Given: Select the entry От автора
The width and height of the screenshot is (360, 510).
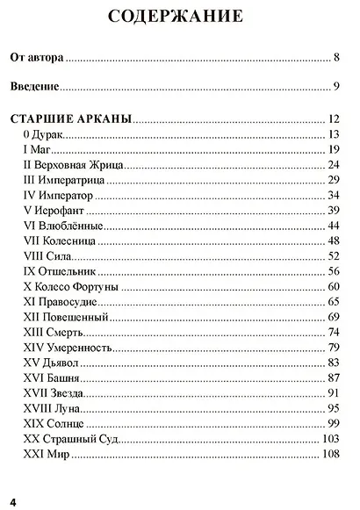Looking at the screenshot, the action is pos(37,58).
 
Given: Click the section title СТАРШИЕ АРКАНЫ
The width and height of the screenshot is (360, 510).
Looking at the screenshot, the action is pos(70,118).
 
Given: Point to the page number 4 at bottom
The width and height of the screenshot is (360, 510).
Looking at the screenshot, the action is pos(13,500).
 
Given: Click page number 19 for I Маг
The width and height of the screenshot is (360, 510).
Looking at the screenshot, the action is pos(333,150).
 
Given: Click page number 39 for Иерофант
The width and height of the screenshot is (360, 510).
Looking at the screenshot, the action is pos(333,210).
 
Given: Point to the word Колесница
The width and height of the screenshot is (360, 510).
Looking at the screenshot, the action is pos(78,241).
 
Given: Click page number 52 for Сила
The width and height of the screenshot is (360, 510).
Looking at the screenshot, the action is pos(333,255).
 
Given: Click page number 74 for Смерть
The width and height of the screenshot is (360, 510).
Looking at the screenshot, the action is pos(333,332).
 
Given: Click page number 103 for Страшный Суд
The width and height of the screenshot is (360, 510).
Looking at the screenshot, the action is pos(330,438).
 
